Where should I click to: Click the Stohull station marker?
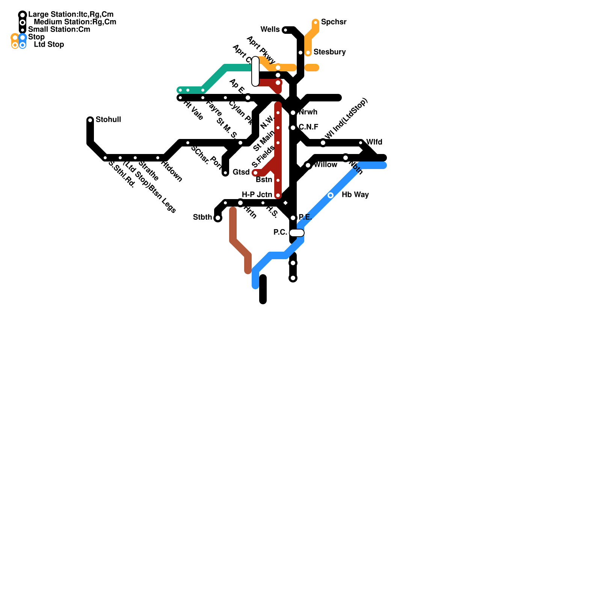pyautogui.click(x=90, y=120)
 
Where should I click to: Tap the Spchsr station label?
pyautogui.click(x=334, y=22)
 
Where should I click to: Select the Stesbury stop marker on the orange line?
pyautogui.click(x=308, y=53)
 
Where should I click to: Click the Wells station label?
pyautogui.click(x=270, y=30)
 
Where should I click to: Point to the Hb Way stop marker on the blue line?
pyautogui.click(x=331, y=195)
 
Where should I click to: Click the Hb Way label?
pyautogui.click(x=355, y=195)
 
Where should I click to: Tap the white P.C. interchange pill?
pyautogui.click(x=297, y=233)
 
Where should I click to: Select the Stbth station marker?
pyautogui.click(x=218, y=218)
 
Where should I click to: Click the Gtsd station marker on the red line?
pyautogui.click(x=255, y=173)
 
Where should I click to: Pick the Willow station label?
pyautogui.click(x=325, y=165)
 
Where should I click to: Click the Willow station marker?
pyautogui.click(x=308, y=165)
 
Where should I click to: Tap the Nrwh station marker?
pyautogui.click(x=293, y=113)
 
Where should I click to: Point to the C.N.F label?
pyautogui.click(x=308, y=127)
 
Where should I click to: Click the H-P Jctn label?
pyautogui.click(x=257, y=195)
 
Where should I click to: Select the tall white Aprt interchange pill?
pyautogui.click(x=255, y=71)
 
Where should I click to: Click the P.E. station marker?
pyautogui.click(x=293, y=218)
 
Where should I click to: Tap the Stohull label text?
pyautogui.click(x=108, y=120)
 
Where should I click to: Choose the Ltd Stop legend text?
pyautogui.click(x=49, y=45)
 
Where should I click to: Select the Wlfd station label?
pyautogui.click(x=374, y=142)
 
